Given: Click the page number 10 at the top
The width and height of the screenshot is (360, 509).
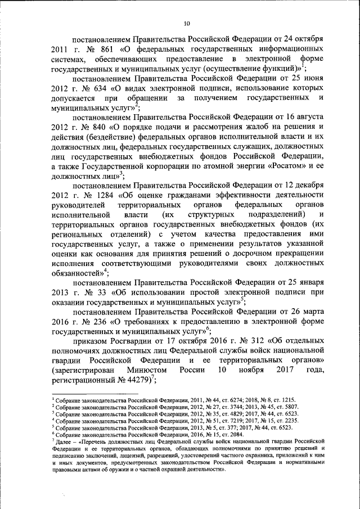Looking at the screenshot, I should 187,23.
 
